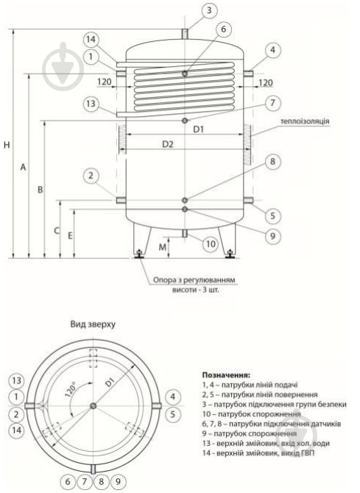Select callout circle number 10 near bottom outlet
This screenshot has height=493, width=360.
pos(210,244)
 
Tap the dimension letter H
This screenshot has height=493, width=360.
pos(7,145)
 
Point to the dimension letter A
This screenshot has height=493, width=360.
pos(24,168)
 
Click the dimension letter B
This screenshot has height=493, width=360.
pos(41,190)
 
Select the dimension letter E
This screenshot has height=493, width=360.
pos(71,235)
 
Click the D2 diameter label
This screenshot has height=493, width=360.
pos(169,145)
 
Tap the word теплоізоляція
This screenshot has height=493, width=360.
pos(303,120)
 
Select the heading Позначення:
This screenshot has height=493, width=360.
pos(226,375)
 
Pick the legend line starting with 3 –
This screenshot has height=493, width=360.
pos(273,405)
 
